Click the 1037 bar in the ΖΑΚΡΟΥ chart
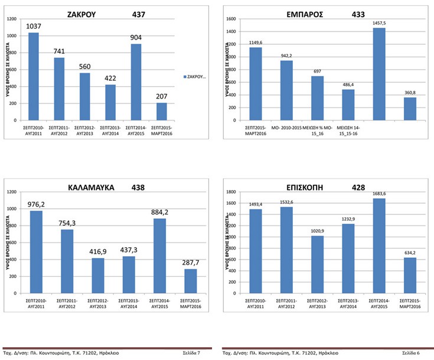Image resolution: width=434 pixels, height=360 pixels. [34, 77]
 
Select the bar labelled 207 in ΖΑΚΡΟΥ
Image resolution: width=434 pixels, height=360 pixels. [162, 112]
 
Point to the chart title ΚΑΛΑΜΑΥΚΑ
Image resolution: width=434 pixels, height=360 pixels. [89, 188]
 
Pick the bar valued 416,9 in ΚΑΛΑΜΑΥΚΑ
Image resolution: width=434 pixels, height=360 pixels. [97, 276]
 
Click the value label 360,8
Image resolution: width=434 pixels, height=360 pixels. [410, 91]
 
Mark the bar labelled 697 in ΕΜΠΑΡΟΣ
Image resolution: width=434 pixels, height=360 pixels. [317, 98]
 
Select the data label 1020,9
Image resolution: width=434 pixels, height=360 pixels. [317, 230]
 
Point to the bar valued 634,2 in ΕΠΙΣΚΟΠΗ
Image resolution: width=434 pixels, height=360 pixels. [410, 275]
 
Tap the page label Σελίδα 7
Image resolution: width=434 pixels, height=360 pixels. [191, 353]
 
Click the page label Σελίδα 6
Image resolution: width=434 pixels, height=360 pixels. [410, 353]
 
